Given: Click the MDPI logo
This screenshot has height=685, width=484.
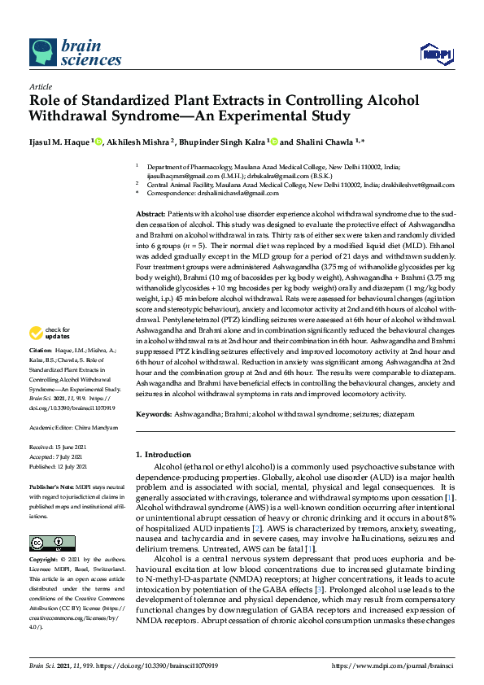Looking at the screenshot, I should click(x=437, y=55).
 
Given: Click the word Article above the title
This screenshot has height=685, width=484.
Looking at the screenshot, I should click(x=40, y=85).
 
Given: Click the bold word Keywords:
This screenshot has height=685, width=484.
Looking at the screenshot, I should click(x=155, y=414).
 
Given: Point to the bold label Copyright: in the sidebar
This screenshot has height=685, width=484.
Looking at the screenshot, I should click(x=44, y=561).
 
